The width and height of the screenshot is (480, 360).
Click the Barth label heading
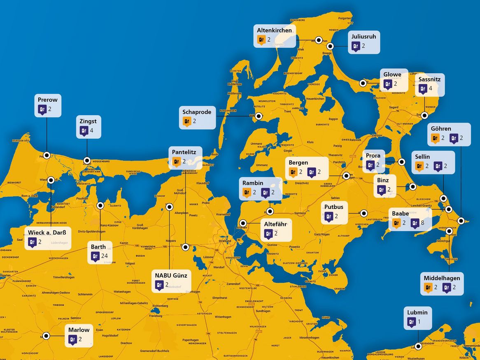[x=98, y=247]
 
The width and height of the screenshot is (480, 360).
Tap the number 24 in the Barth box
[x=104, y=256]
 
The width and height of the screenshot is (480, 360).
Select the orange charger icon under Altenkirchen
[x=261, y=40]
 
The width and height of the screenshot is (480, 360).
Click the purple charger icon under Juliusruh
[x=355, y=46]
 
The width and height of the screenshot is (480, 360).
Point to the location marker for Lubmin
[x=418, y=346]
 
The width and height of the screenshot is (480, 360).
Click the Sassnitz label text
[x=429, y=79]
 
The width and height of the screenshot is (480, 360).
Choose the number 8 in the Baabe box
[x=422, y=223]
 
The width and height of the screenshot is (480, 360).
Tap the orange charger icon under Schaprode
[x=186, y=121]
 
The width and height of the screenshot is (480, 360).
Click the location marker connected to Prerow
[x=47, y=155]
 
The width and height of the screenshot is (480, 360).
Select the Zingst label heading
[x=88, y=121]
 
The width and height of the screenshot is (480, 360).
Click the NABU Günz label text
[x=171, y=275]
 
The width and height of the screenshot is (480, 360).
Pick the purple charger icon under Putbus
[x=329, y=216]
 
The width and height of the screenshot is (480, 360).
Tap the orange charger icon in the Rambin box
[x=247, y=192]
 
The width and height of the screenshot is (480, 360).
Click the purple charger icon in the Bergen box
[x=312, y=172]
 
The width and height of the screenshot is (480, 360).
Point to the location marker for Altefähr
[x=244, y=223]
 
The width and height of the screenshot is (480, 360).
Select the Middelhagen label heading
[x=442, y=278]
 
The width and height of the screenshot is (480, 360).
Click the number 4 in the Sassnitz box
[x=430, y=88]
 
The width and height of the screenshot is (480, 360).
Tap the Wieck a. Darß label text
[x=47, y=232]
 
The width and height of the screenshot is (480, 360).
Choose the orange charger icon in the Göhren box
[x=435, y=138]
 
